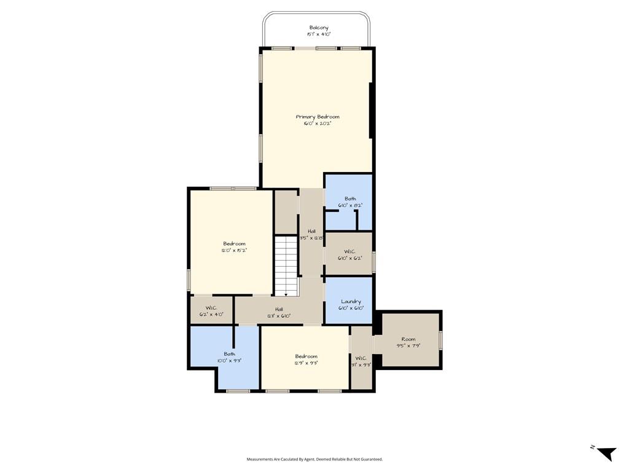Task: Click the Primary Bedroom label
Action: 317,117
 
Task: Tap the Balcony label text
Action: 319,28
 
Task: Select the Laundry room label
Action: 351,302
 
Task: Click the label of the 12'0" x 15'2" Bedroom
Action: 234,244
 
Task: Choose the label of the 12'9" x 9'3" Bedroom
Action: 306,356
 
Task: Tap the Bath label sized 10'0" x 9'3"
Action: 229,354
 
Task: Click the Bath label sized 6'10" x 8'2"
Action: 350,199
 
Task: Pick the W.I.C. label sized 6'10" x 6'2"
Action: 350,251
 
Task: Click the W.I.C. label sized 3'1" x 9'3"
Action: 361,358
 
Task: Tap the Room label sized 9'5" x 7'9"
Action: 408,339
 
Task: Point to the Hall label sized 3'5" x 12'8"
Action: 311,231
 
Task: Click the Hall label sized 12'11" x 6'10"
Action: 279,309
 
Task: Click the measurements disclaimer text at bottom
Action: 314,459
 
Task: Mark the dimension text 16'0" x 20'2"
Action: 317,124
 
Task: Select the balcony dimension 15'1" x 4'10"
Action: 319,34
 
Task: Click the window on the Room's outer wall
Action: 440,340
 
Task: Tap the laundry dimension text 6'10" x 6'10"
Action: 351,309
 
